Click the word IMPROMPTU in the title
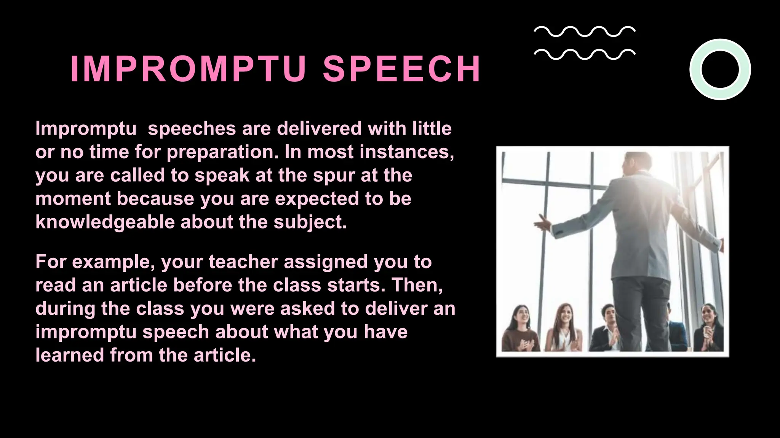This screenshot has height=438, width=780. tap(188, 69)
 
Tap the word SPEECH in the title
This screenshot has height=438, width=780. tap(402, 69)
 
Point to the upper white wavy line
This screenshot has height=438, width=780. tap(584, 32)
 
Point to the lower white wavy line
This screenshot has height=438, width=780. tap(584, 54)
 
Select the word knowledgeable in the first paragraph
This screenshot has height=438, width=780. tap(105, 222)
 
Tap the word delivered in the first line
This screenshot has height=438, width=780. tap(319, 129)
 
